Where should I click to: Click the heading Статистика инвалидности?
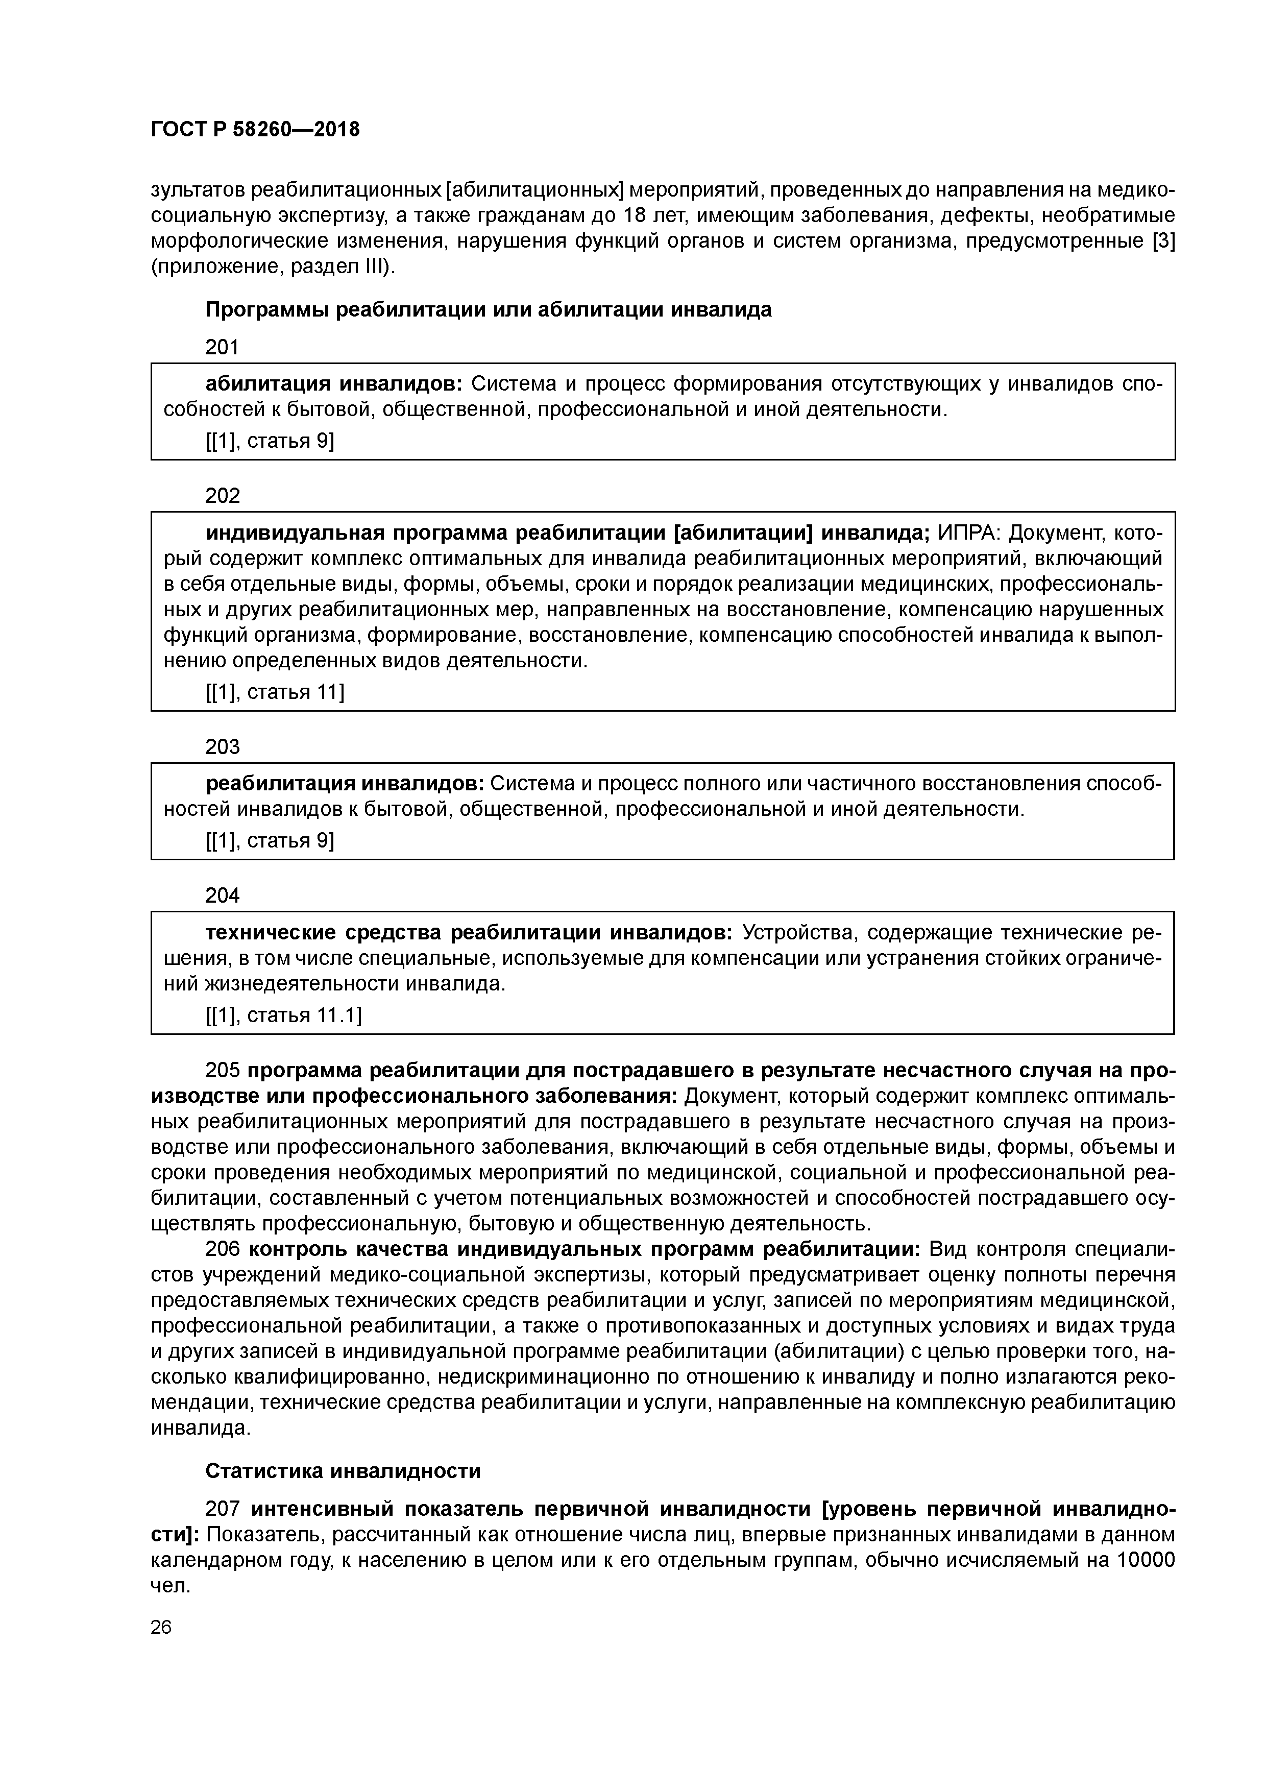point(343,1471)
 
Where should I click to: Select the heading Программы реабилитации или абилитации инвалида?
point(489,310)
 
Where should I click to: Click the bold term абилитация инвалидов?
point(334,384)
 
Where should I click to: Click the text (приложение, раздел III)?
point(273,268)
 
